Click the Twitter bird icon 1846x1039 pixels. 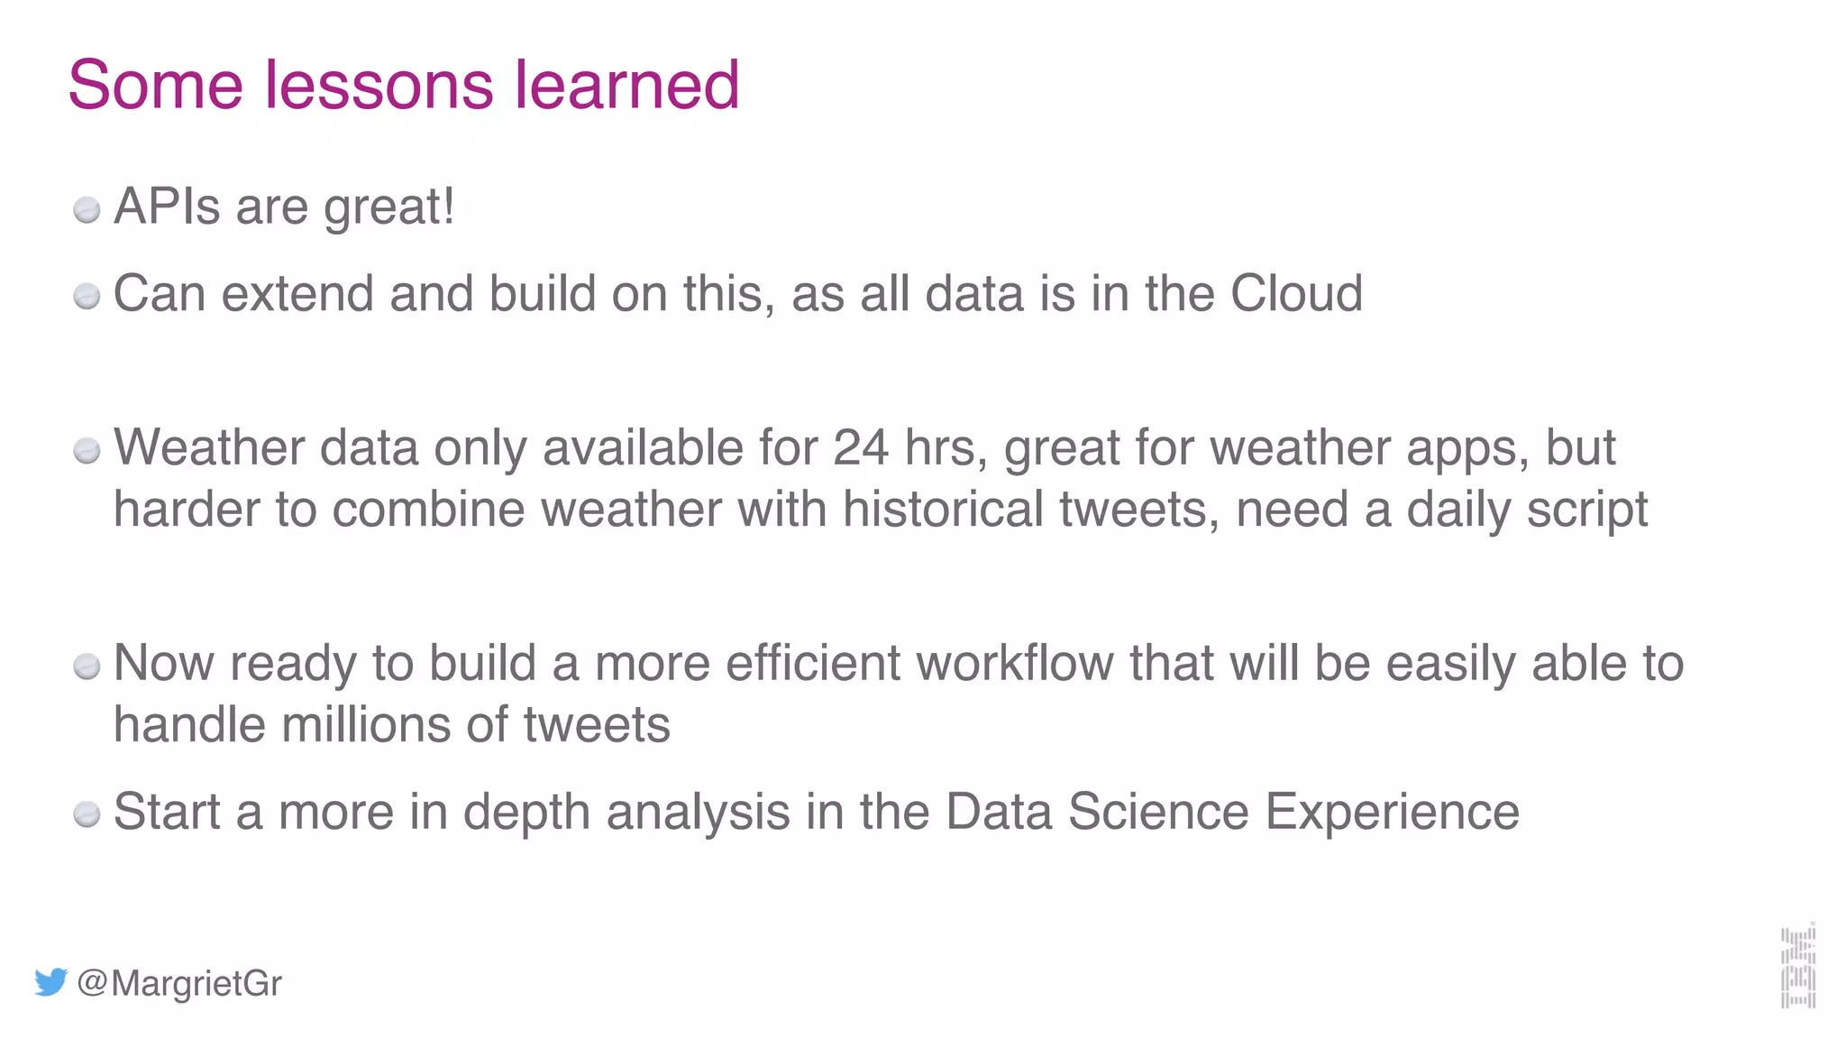click(50, 982)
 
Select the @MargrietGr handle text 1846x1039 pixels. click(179, 983)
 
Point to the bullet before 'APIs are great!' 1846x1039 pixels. click(87, 210)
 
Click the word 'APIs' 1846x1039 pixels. click(167, 207)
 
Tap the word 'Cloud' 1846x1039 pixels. click(1296, 294)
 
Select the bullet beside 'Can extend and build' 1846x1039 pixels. click(87, 297)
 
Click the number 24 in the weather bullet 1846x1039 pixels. click(861, 447)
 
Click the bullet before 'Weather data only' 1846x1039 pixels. click(87, 450)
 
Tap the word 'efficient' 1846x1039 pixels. click(812, 663)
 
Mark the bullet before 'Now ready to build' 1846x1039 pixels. click(87, 667)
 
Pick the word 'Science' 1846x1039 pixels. click(1158, 812)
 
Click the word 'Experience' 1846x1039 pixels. click(1392, 814)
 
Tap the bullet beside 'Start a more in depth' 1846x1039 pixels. click(87, 814)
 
